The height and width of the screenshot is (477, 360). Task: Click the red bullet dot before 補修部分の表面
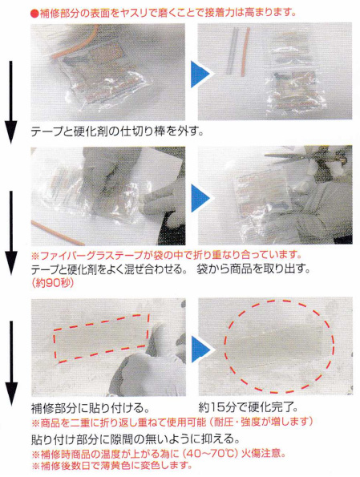[x=34, y=14]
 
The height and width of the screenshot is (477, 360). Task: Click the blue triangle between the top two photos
[x=200, y=74]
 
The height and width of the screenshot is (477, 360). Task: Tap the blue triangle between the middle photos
[x=200, y=199]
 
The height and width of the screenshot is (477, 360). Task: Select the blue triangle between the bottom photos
[x=200, y=349]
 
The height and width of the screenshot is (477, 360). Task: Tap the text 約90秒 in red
[x=52, y=283]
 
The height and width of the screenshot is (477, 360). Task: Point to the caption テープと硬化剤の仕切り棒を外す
[x=117, y=132]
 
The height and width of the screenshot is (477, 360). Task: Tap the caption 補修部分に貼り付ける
[x=91, y=407]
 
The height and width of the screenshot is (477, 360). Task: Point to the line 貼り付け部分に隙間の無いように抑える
[x=136, y=439]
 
